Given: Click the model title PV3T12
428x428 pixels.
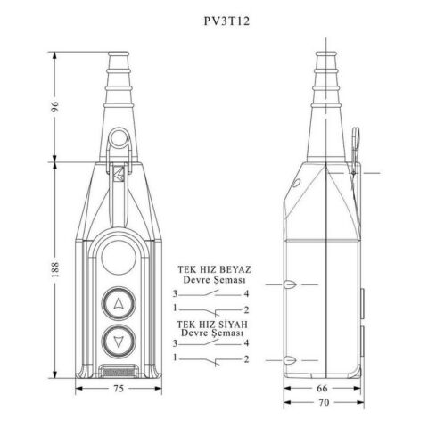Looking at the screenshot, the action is tap(226, 21).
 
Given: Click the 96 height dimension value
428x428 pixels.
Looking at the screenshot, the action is tap(54, 107).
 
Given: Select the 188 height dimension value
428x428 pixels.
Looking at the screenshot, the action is tap(54, 269).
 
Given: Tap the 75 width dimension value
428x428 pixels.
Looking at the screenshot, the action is tap(119, 389).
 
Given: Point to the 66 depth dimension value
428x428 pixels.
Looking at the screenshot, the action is tap(322, 388).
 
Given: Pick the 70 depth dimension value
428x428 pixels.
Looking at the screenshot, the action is tap(324, 402).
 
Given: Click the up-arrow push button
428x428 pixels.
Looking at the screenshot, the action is tap(119, 303).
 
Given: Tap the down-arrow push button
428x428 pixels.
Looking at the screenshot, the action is tap(119, 342).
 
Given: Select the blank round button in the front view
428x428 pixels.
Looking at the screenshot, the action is tap(119, 258).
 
